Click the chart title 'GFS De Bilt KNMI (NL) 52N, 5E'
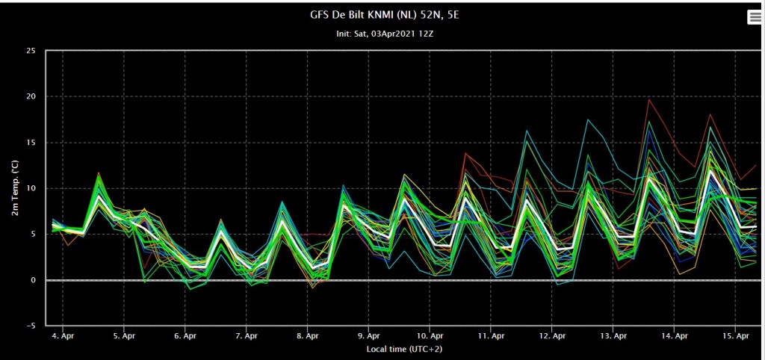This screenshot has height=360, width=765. (385, 16)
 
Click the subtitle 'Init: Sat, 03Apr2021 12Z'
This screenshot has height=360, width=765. (385, 34)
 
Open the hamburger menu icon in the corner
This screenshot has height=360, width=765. (755, 17)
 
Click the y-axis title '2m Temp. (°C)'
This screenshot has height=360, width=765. (16, 187)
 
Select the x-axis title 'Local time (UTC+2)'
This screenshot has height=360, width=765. (404, 350)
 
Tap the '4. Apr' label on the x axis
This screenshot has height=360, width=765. (63, 336)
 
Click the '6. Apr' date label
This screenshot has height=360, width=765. (185, 336)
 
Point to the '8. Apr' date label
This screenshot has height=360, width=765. (307, 336)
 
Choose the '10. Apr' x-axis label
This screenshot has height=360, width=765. (430, 336)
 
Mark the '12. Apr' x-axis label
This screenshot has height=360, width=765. (552, 336)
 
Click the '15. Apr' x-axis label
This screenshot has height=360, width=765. (735, 336)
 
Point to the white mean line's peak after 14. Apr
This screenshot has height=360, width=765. (711, 170)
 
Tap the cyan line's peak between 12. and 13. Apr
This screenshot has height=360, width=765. (589, 120)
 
